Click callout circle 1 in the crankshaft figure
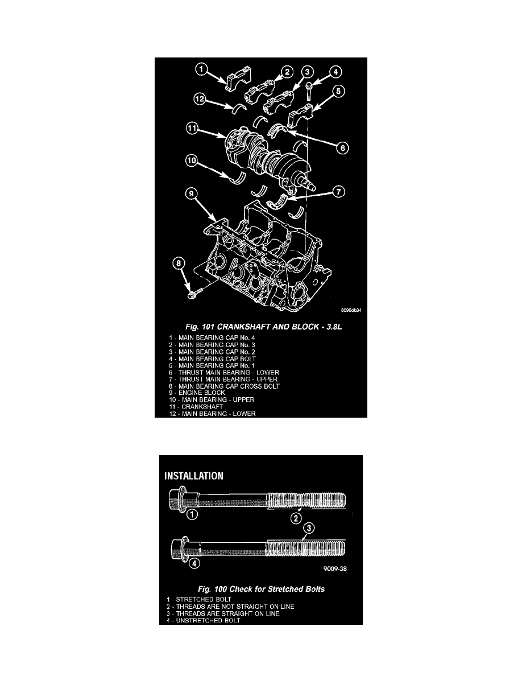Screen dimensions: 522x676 (x=202, y=69)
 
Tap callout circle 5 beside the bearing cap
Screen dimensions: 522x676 (x=338, y=91)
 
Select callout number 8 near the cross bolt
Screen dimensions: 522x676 (x=179, y=262)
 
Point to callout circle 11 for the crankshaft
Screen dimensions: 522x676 (x=192, y=128)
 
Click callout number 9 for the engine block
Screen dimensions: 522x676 (x=192, y=194)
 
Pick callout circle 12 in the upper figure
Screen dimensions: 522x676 (x=200, y=99)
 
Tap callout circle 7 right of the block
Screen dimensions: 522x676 (x=339, y=191)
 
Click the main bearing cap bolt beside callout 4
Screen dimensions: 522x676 (x=309, y=89)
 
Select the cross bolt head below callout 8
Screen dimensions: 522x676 (x=192, y=295)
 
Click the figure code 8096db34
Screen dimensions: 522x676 (x=351, y=311)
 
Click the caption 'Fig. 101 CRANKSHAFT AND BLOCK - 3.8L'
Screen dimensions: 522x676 (x=264, y=327)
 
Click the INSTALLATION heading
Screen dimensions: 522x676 (x=194, y=476)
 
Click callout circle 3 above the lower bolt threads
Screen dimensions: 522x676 (x=308, y=528)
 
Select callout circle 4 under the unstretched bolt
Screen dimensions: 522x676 (x=194, y=563)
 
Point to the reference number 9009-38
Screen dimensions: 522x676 (x=335, y=568)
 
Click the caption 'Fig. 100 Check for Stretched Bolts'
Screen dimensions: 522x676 (x=261, y=589)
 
